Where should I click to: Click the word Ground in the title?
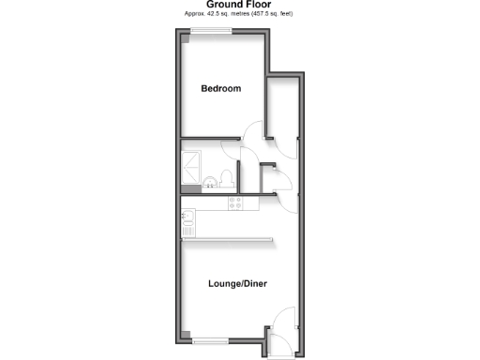pos(222,5)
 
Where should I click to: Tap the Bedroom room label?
pos(221,89)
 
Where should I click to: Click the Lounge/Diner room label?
pos(241,282)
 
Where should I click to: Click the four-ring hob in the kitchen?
pos(235,202)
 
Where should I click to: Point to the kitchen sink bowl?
pos(188,217)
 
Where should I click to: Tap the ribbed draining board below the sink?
pos(188,229)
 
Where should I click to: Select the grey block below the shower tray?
pos(191,187)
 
